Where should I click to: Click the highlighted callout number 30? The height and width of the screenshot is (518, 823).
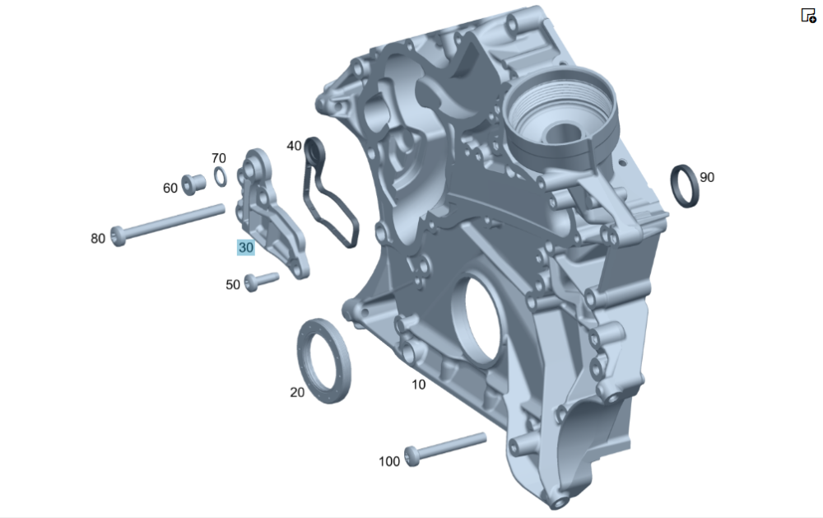pos(245,247)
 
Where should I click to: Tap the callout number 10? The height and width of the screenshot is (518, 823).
pos(418,385)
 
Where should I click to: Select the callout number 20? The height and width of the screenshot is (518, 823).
pos(297,392)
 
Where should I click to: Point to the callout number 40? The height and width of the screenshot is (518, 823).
pos(294,146)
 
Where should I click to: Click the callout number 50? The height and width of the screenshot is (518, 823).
pos(233,285)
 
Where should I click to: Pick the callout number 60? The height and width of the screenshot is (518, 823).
pos(170,188)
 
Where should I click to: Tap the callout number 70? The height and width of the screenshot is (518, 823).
pos(219,158)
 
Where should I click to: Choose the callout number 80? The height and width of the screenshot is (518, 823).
pos(98,239)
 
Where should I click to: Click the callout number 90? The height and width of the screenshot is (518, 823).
pos(707,178)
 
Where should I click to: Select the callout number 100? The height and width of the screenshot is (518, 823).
pos(389,461)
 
